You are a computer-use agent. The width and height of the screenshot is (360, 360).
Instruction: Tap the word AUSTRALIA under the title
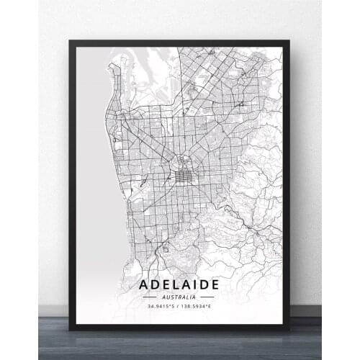tap(181, 297)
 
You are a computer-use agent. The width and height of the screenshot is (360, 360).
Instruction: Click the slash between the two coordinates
tap(180, 307)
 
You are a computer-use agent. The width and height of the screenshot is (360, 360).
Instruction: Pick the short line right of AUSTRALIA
tap(207, 297)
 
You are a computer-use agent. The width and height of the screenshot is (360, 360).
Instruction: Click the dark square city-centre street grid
tap(185, 174)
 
